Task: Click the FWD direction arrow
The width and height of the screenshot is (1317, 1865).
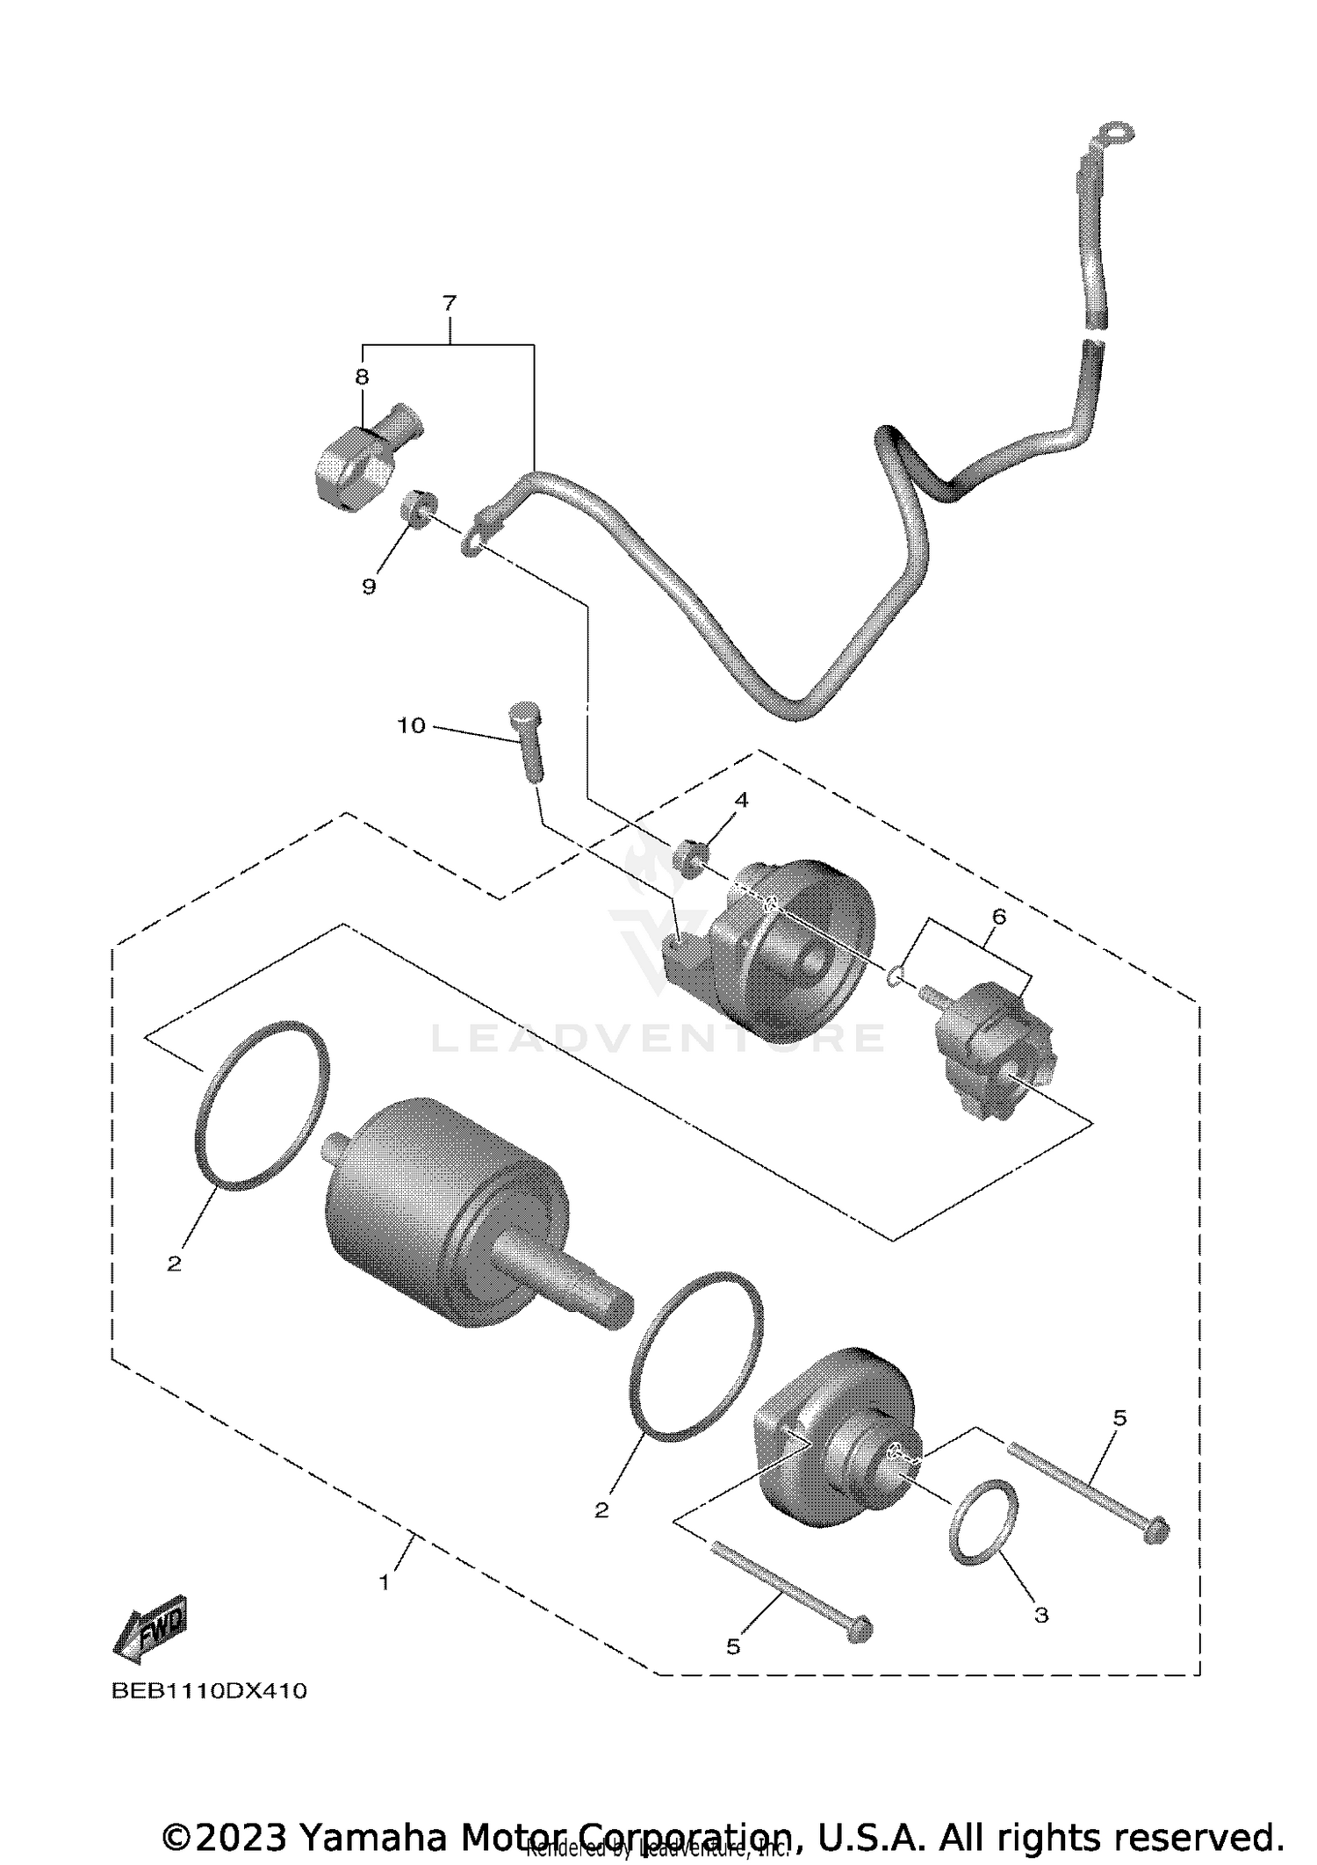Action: (x=150, y=1634)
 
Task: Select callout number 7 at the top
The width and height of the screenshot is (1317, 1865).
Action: (x=449, y=304)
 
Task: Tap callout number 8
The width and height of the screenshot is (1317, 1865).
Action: (x=362, y=377)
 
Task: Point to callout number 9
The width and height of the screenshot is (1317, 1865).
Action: (x=369, y=587)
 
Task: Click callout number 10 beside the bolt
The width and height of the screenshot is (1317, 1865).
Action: (x=411, y=725)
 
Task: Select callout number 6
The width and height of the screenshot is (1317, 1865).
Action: (x=998, y=916)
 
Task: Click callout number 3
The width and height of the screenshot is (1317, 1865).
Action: (x=1040, y=1614)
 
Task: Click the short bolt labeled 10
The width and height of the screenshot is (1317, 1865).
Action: (x=528, y=741)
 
